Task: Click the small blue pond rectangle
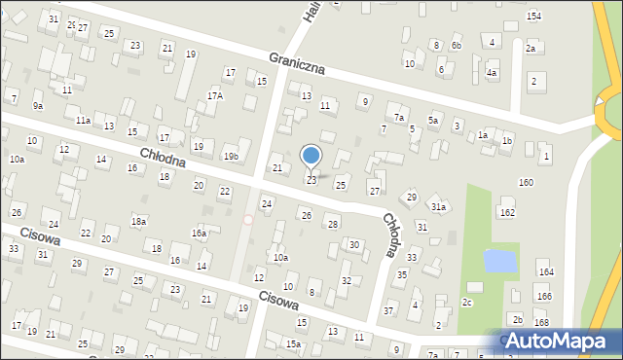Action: [500, 260]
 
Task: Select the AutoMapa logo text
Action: [563, 341]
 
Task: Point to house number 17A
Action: [215, 95]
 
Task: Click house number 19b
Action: [231, 157]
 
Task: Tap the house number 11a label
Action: [84, 120]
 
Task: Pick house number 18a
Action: [139, 222]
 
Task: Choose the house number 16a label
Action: [199, 234]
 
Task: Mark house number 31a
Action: [439, 207]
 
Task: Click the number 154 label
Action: [533, 17]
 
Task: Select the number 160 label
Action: [526, 183]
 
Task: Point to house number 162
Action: [507, 212]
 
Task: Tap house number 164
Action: [545, 272]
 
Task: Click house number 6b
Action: [456, 46]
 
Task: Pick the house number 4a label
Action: [493, 73]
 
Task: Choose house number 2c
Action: [467, 303]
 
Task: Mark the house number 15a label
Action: [293, 343]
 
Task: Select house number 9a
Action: [38, 105]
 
